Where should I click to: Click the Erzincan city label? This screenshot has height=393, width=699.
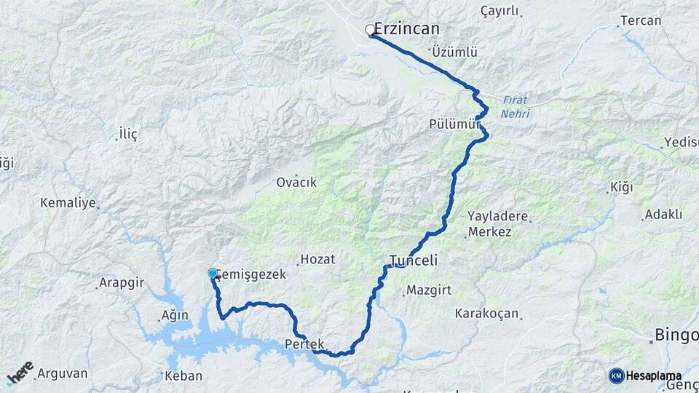(407, 29)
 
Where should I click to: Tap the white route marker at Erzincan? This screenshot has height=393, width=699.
(370, 30)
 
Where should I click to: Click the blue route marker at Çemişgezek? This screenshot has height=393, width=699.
(213, 273)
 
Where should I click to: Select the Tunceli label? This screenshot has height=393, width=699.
(413, 261)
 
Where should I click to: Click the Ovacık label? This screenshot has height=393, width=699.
(296, 183)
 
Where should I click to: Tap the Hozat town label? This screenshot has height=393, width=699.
(319, 260)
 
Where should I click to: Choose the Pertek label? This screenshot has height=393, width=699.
(304, 344)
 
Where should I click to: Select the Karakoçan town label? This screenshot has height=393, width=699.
(486, 314)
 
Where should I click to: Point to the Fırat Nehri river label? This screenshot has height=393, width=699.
(516, 106)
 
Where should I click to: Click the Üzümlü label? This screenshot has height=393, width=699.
(454, 52)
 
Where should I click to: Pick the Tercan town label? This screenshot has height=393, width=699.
(641, 20)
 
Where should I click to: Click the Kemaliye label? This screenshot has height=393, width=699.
(68, 202)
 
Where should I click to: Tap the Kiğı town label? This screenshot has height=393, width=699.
(621, 188)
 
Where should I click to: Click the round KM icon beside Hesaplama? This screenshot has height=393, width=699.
(616, 376)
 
